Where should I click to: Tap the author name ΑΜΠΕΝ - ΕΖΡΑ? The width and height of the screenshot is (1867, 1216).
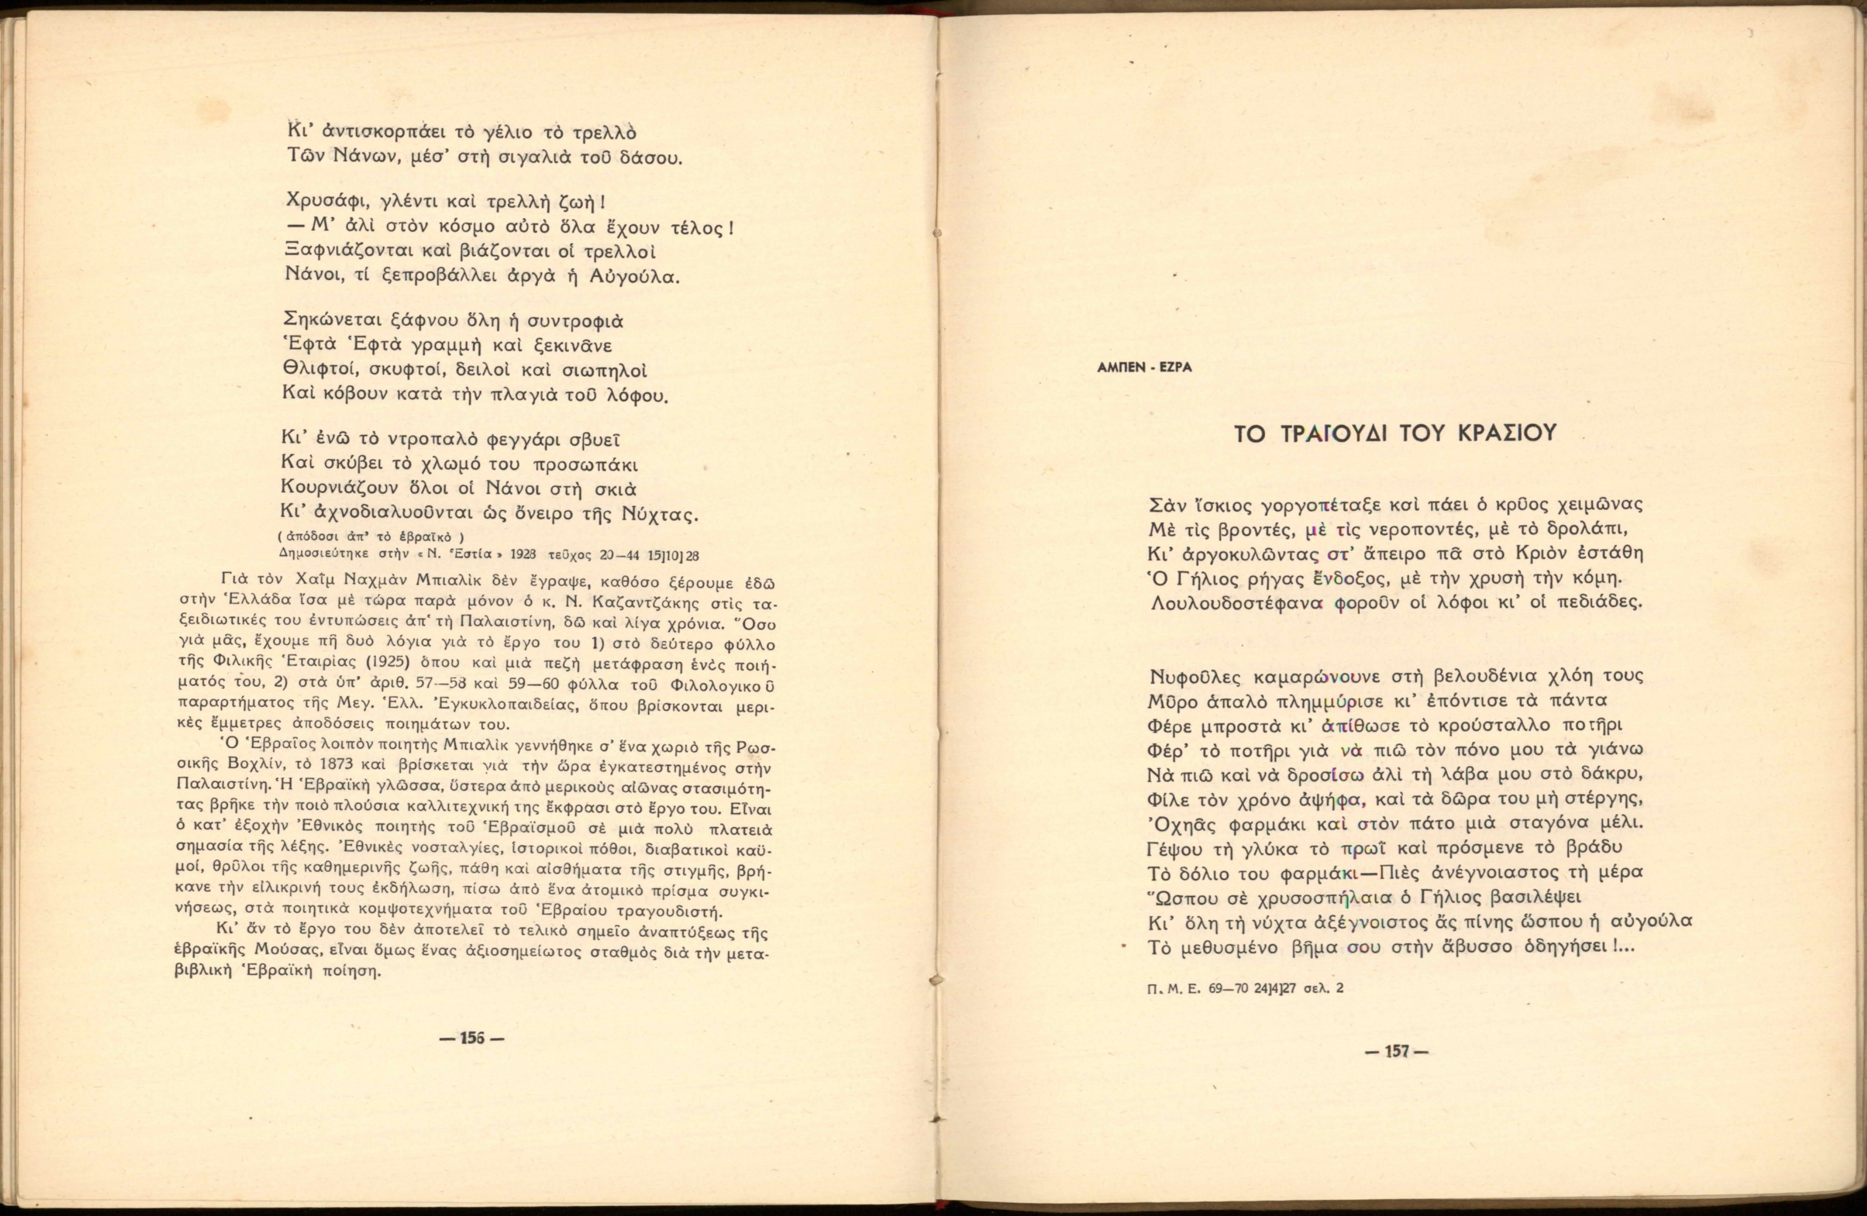click(1144, 367)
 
